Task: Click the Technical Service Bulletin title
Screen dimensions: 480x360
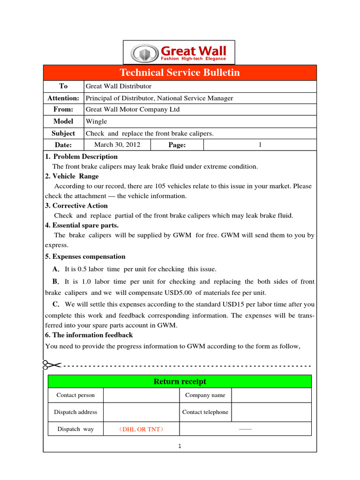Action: click(x=180, y=72)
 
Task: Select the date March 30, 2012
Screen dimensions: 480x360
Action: click(x=117, y=144)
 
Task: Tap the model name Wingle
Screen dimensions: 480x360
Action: click(x=96, y=121)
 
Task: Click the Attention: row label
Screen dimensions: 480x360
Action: click(x=63, y=98)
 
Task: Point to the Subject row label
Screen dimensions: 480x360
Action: click(x=63, y=133)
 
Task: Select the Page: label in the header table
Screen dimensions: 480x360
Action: click(x=177, y=145)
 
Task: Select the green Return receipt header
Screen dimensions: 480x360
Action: click(x=180, y=382)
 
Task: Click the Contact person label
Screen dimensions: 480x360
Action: click(x=75, y=395)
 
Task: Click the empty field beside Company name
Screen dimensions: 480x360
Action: click(x=271, y=395)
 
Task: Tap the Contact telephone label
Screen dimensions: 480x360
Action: click(x=205, y=412)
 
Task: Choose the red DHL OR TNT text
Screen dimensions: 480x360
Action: click(x=141, y=429)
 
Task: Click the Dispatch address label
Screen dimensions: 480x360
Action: click(x=75, y=412)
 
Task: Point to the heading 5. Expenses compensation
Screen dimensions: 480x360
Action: click(x=85, y=256)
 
